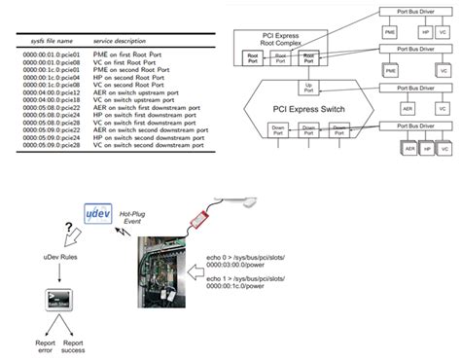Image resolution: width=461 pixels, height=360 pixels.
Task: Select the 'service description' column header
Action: click(x=124, y=42)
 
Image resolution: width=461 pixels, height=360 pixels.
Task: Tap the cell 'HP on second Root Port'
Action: click(x=128, y=77)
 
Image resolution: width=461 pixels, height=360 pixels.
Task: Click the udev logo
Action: click(x=95, y=213)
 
